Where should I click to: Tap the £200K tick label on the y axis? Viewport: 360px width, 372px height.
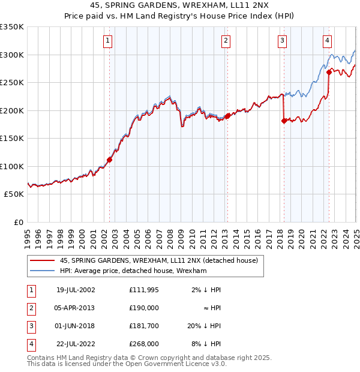pyautogui.click(x=12, y=110)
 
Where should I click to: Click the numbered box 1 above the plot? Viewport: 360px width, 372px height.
pyautogui.click(x=107, y=41)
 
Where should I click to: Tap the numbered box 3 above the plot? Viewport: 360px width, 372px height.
pyautogui.click(x=282, y=41)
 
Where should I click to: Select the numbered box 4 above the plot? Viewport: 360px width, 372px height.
pyautogui.click(x=327, y=41)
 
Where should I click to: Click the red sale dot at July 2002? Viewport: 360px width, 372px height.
pyautogui.click(x=110, y=160)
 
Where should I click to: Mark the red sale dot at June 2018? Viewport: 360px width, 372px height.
pyautogui.click(x=284, y=121)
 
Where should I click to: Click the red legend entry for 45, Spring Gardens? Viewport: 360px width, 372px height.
pyautogui.click(x=159, y=260)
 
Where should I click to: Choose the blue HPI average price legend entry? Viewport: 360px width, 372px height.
pyautogui.click(x=133, y=271)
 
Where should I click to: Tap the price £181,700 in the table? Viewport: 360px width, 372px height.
pyautogui.click(x=144, y=326)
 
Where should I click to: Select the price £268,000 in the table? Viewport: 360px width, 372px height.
pyautogui.click(x=144, y=344)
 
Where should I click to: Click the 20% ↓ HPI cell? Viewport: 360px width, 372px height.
pyautogui.click(x=203, y=326)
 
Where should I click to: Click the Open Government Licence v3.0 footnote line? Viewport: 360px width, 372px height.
pyautogui.click(x=127, y=364)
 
